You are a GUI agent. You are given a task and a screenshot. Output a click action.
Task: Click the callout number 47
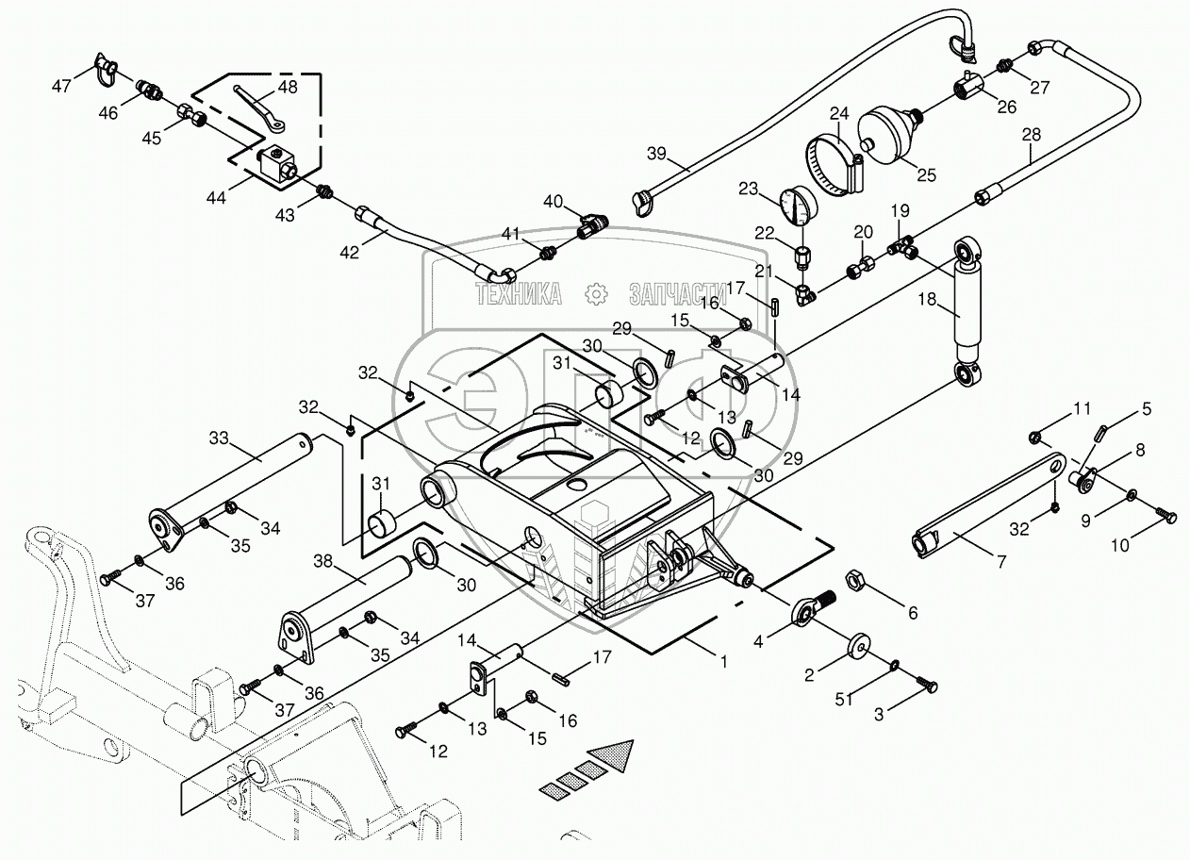(x=62, y=86)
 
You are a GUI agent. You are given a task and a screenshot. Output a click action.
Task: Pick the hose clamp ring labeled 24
(x=837, y=164)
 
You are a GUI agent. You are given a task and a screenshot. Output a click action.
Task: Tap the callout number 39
(x=657, y=154)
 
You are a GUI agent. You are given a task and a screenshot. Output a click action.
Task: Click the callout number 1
(x=724, y=662)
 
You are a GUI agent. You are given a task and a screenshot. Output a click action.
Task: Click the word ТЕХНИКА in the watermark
(x=519, y=295)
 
